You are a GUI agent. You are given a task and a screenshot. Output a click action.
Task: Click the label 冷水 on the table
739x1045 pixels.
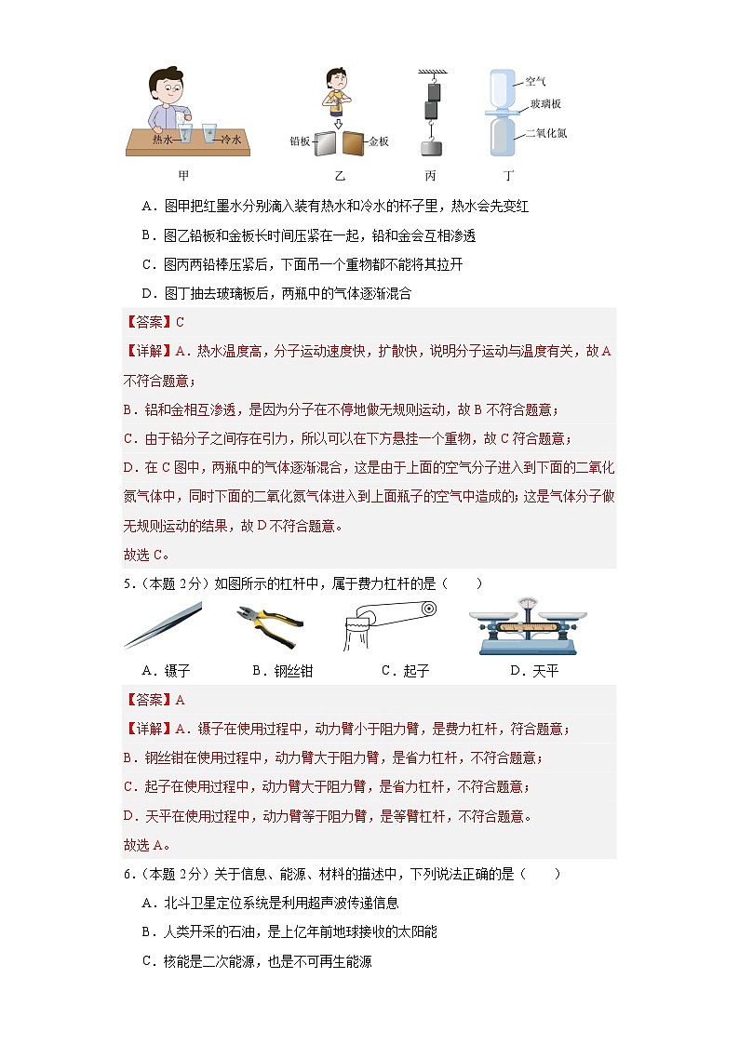tap(231, 139)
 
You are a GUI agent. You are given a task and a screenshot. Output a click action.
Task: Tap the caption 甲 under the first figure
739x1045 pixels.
tap(183, 175)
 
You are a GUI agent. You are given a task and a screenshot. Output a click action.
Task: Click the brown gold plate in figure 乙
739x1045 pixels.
tap(354, 142)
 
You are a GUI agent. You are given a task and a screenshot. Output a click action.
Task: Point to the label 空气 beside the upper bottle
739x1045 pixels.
tap(536, 82)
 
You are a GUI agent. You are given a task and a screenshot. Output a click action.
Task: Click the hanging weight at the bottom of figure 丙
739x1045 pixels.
tap(430, 147)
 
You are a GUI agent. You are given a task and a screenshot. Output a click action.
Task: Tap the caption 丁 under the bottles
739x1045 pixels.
tap(507, 175)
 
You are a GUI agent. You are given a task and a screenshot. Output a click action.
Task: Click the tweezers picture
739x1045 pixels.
tap(163, 624)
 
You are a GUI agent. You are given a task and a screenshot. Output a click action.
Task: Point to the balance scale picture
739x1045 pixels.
tap(528, 624)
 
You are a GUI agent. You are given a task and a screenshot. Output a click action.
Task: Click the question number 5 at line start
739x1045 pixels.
tap(128, 583)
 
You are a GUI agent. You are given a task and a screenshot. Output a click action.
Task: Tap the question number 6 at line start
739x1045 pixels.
tap(128, 874)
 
